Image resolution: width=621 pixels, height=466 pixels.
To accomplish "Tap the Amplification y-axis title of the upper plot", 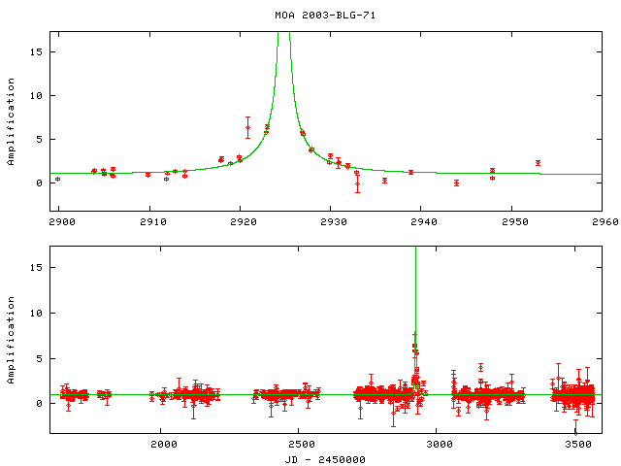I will [x=12, y=129].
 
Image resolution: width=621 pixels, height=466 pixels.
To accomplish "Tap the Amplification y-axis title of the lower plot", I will [x=12, y=347].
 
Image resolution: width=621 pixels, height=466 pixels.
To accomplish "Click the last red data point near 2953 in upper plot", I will [x=538, y=163].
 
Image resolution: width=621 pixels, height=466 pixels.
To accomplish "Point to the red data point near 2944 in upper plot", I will [x=456, y=183].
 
